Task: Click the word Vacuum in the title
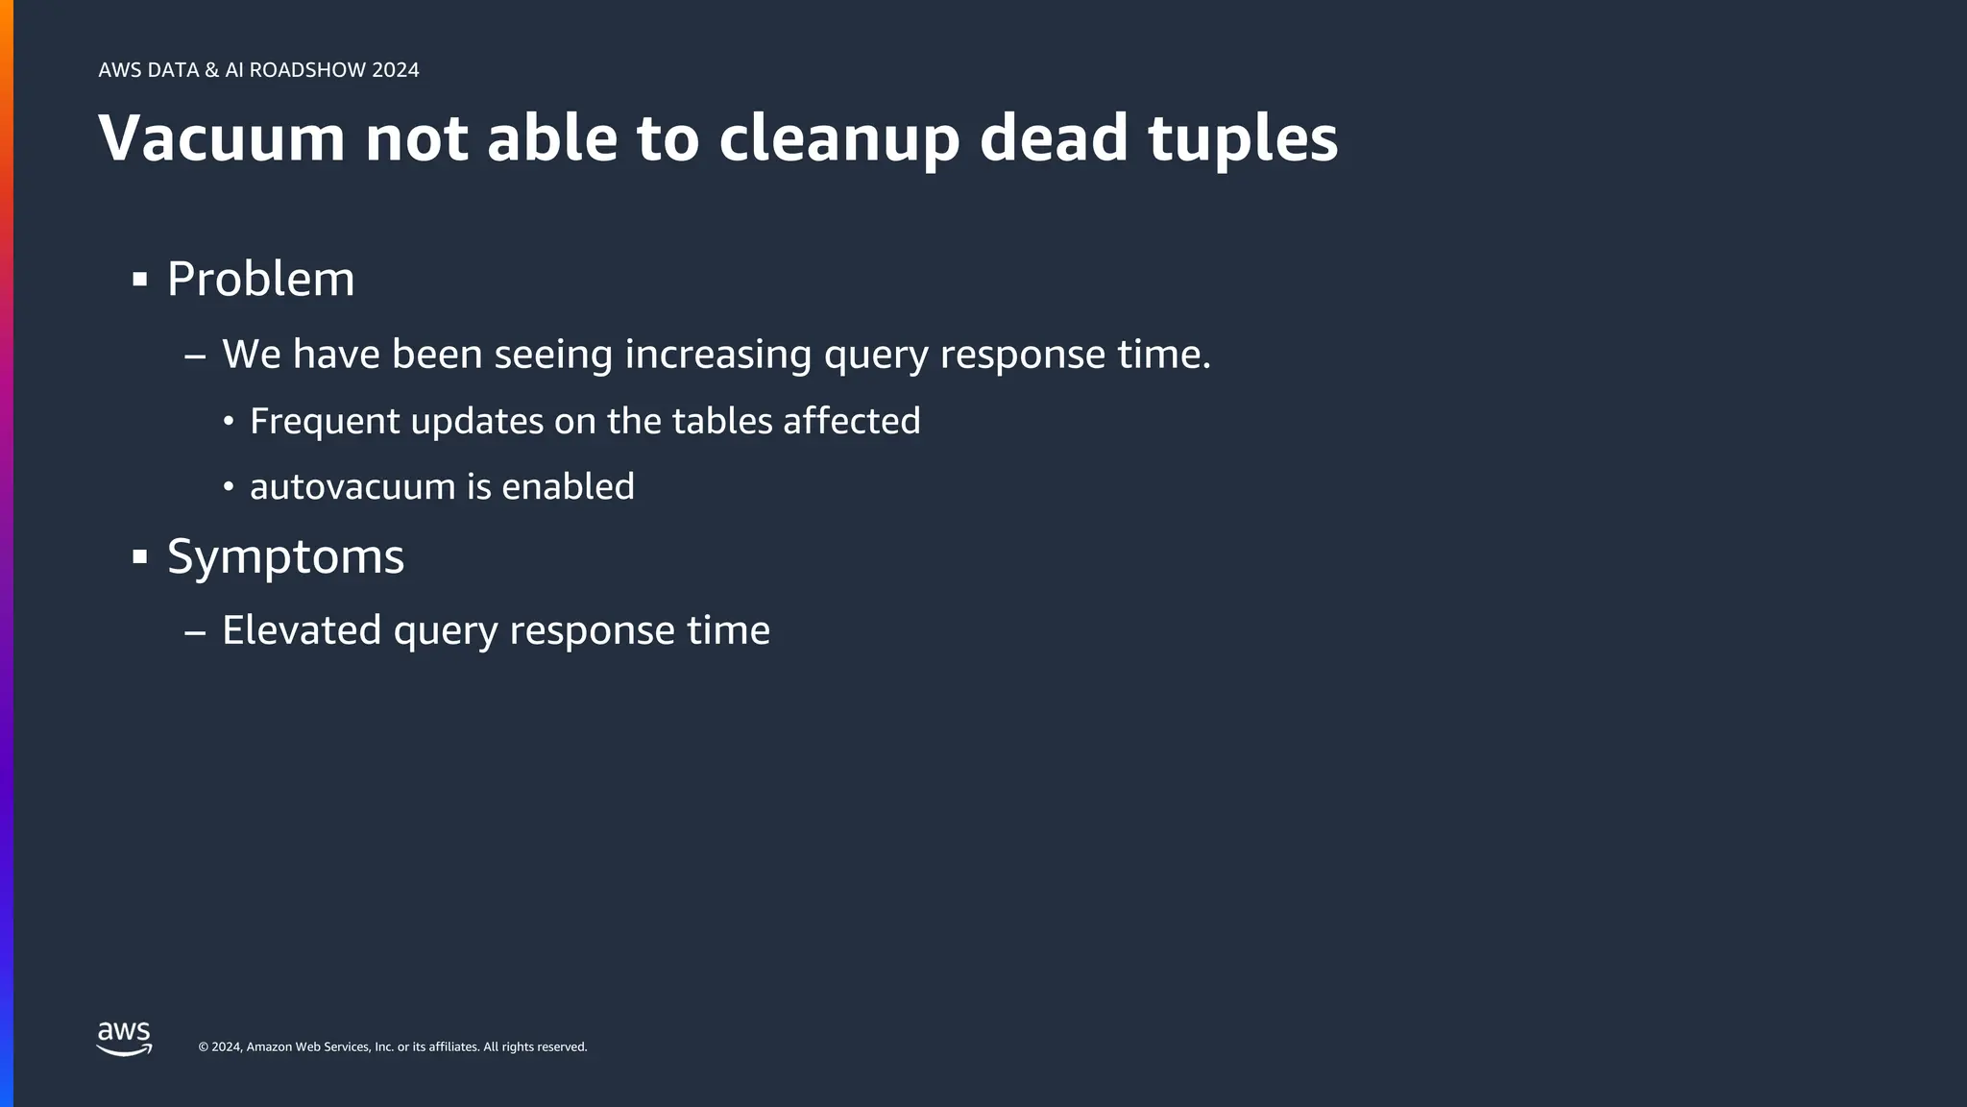tap(221, 138)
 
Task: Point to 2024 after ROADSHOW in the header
tap(396, 70)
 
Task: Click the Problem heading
tap(260, 280)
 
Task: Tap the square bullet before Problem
tap(140, 281)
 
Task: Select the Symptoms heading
tap(285, 556)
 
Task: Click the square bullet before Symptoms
tap(140, 556)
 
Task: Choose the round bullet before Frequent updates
tap(229, 422)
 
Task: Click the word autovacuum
tap(352, 487)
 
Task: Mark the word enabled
tap(568, 486)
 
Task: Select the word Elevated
tap(302, 630)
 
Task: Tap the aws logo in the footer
tap(124, 1039)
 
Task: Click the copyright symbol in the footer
tap(203, 1047)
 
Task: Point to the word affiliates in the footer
tap(452, 1047)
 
